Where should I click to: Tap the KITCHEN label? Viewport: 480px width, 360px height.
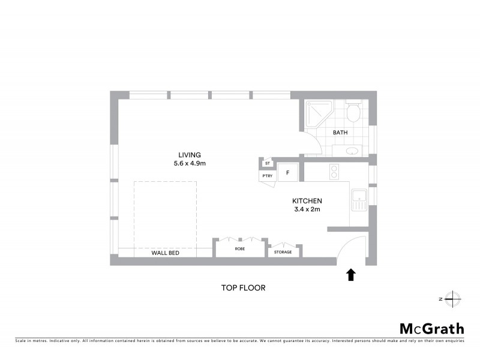307,201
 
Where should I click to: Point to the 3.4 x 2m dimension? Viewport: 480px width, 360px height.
307,210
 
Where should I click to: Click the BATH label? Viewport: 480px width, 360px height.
340,133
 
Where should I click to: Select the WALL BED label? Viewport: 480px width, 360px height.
165,253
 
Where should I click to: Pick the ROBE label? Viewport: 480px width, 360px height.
240,248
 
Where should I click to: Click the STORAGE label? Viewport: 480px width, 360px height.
283,252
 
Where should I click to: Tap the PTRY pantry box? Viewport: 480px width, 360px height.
267,176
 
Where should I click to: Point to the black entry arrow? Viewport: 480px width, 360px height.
351,275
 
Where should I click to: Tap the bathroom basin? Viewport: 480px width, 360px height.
353,150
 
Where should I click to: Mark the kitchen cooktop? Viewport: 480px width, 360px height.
335,172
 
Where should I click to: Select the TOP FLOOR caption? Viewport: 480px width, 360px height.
243,288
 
